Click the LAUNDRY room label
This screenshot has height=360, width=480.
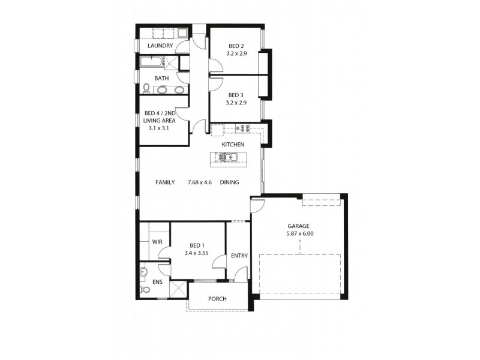(160, 46)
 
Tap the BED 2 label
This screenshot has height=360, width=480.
(236, 46)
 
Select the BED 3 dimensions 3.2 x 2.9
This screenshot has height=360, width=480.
(236, 103)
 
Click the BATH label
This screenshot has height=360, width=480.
(161, 78)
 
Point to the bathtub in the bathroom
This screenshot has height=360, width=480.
(151, 62)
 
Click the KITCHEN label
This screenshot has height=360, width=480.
(232, 145)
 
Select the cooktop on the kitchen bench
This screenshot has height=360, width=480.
(244, 127)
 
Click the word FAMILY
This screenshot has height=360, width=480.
(165, 182)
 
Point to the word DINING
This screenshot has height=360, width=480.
(229, 182)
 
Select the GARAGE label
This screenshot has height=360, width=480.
(298, 226)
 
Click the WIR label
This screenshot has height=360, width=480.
(157, 242)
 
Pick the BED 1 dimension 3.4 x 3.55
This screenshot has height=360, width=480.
(196, 253)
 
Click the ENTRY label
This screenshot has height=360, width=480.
(239, 256)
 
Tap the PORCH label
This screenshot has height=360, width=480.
(217, 298)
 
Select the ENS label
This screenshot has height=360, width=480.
(158, 281)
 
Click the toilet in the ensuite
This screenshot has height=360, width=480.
(144, 290)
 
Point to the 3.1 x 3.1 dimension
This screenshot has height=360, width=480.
(159, 128)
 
